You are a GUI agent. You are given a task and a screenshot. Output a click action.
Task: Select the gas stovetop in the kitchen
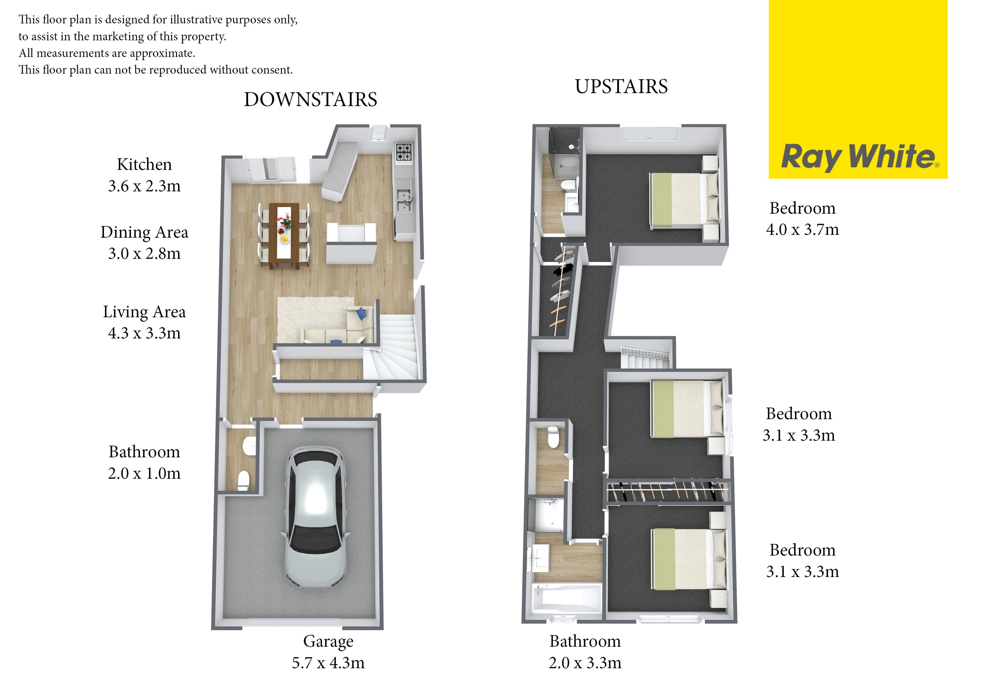coord(404,152)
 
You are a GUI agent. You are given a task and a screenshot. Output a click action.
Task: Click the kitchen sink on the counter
coord(404,200)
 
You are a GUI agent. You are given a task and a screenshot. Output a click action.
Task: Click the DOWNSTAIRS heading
coord(310,100)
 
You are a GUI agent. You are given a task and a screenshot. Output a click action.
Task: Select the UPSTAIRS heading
coord(621,87)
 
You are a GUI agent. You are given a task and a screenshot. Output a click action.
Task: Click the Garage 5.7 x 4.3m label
coord(328,652)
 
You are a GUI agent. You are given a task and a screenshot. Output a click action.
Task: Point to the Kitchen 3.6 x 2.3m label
coord(144,175)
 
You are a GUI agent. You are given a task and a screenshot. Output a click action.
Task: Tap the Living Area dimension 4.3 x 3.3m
coord(144,333)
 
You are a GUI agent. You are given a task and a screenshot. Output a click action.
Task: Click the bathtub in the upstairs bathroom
coord(567,598)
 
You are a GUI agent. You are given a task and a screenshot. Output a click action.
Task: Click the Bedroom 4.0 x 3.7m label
coord(803,219)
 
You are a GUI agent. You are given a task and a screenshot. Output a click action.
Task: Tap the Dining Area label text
coord(144,232)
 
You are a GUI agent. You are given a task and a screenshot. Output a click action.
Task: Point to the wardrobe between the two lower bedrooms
coord(667,492)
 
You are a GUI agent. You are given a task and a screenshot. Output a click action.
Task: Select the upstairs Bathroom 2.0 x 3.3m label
coord(585,652)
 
